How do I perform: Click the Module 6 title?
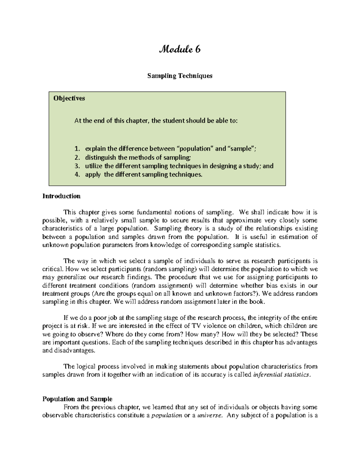coord(180,49)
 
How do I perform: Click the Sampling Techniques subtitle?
coord(180,76)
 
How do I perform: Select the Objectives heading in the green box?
coord(69,98)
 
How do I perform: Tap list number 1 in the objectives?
coord(77,149)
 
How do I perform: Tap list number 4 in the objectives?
coord(77,174)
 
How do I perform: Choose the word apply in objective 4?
coord(93,174)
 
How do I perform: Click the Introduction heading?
coord(61,196)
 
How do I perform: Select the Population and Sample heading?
coord(77,399)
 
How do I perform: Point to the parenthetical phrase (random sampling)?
coord(170,269)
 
